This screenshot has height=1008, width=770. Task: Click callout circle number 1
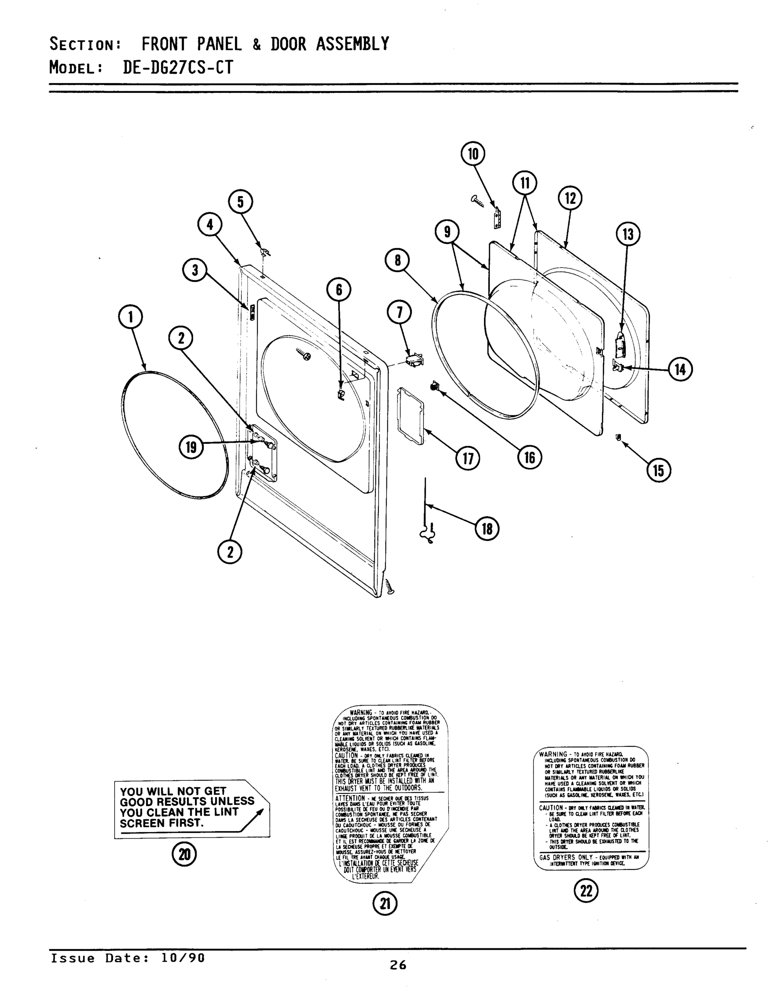coord(131,317)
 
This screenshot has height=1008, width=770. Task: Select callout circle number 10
coord(473,153)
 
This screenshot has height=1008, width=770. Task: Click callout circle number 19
coord(191,447)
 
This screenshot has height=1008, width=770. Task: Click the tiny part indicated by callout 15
coord(618,437)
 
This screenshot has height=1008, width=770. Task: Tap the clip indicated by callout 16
coord(434,387)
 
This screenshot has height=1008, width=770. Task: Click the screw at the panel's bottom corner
coord(391,586)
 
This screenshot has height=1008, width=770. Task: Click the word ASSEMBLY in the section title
coord(352,44)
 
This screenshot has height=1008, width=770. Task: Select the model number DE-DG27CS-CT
coord(178,68)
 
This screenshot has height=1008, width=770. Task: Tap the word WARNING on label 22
coord(553,754)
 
